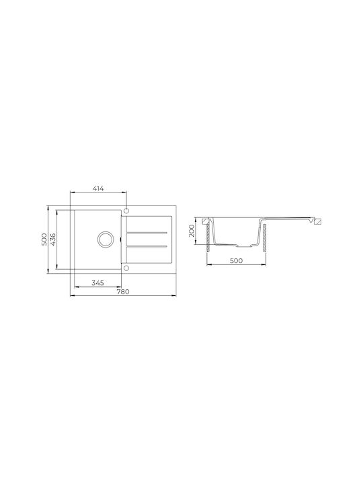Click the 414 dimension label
pos(98,189)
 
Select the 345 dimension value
pos(97,283)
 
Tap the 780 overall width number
pos(123,292)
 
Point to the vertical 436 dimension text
pos(53,239)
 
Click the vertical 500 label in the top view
pos(44,239)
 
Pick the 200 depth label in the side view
pos(192,231)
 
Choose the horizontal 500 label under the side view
pos(237,260)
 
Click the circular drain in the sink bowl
pos(106,239)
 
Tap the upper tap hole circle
pos(126,211)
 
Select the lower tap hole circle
pos(126,268)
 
